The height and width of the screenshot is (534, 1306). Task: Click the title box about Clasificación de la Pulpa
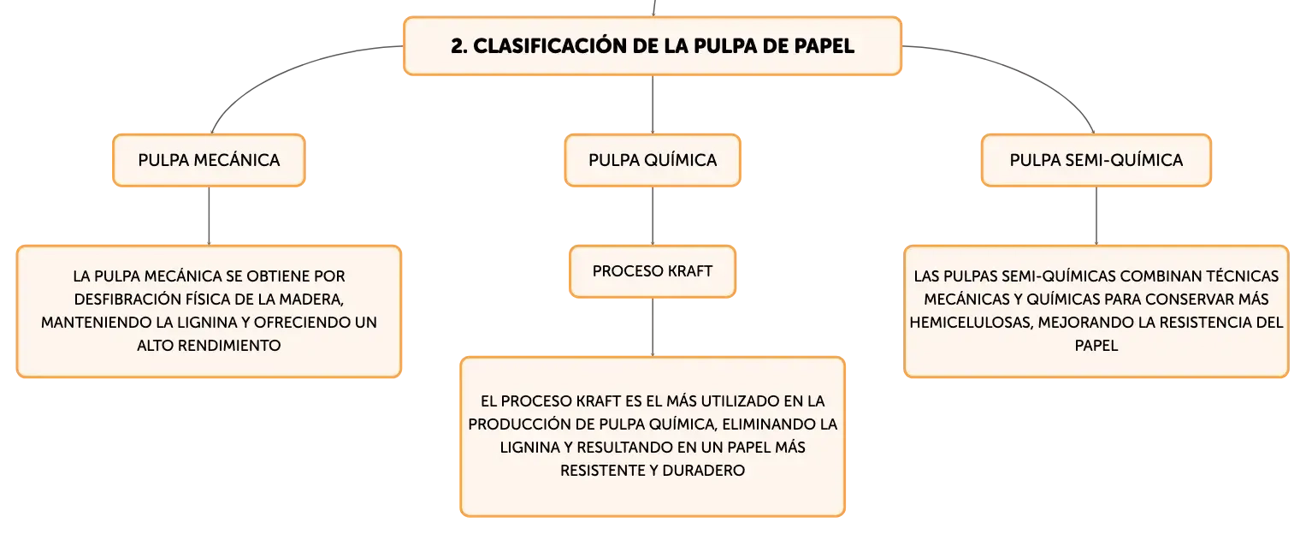653,45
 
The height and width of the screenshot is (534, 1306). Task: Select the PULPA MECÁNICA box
209,160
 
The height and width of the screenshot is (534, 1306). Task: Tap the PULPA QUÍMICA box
653,160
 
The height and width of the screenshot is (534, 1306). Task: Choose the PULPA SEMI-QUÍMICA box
1096,160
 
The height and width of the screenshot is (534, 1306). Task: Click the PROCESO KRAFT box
653,271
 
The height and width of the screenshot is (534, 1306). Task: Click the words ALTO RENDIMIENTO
209,346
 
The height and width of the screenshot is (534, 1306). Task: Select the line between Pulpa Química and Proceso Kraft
653,216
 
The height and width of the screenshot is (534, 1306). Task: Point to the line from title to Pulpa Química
653,104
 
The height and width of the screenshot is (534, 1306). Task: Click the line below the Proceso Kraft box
653,327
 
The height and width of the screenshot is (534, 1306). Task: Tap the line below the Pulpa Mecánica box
209,216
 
